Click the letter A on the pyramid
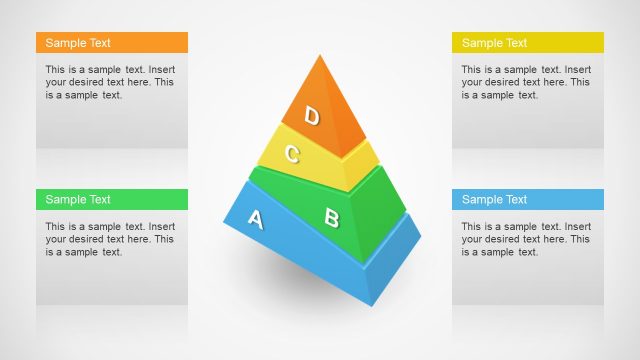pyautogui.click(x=255, y=219)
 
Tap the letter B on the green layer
pyautogui.click(x=332, y=216)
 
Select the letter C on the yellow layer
pyautogui.click(x=292, y=154)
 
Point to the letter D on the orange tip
pyautogui.click(x=312, y=117)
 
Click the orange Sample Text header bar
pyautogui.click(x=112, y=43)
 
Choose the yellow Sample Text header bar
pyautogui.click(x=528, y=43)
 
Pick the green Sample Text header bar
pyautogui.click(x=112, y=199)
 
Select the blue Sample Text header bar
pyautogui.click(x=528, y=199)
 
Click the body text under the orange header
pyautogui.click(x=110, y=82)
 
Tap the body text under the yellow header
pyautogui.click(x=526, y=82)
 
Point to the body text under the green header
pyautogui.click(x=110, y=239)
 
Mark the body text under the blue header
pyautogui.click(x=526, y=239)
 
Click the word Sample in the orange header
pyautogui.click(x=65, y=43)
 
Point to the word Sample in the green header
pyautogui.click(x=65, y=199)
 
